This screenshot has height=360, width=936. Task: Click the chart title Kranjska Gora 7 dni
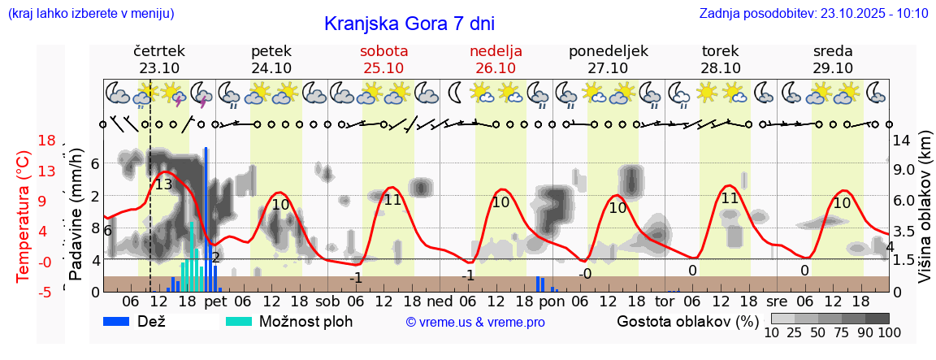coord(409,24)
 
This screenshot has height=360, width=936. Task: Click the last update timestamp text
coord(813,13)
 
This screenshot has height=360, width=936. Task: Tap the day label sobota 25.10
coord(384,59)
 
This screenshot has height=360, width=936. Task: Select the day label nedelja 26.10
coord(496,59)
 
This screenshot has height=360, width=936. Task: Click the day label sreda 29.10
coord(833,59)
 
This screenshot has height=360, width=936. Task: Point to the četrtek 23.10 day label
coord(159,59)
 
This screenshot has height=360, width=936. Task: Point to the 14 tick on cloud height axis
coord(901,141)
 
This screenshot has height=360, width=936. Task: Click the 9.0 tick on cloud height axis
coord(904,171)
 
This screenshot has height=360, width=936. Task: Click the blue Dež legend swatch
coord(122,321)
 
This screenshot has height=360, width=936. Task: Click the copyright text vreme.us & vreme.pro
coord(475,323)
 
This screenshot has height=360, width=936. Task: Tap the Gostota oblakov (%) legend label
coord(687,321)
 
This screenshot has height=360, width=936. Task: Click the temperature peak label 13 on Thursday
coord(163,184)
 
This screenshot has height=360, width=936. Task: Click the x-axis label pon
coord(551,301)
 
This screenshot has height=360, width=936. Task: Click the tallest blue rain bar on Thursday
coord(206,219)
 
